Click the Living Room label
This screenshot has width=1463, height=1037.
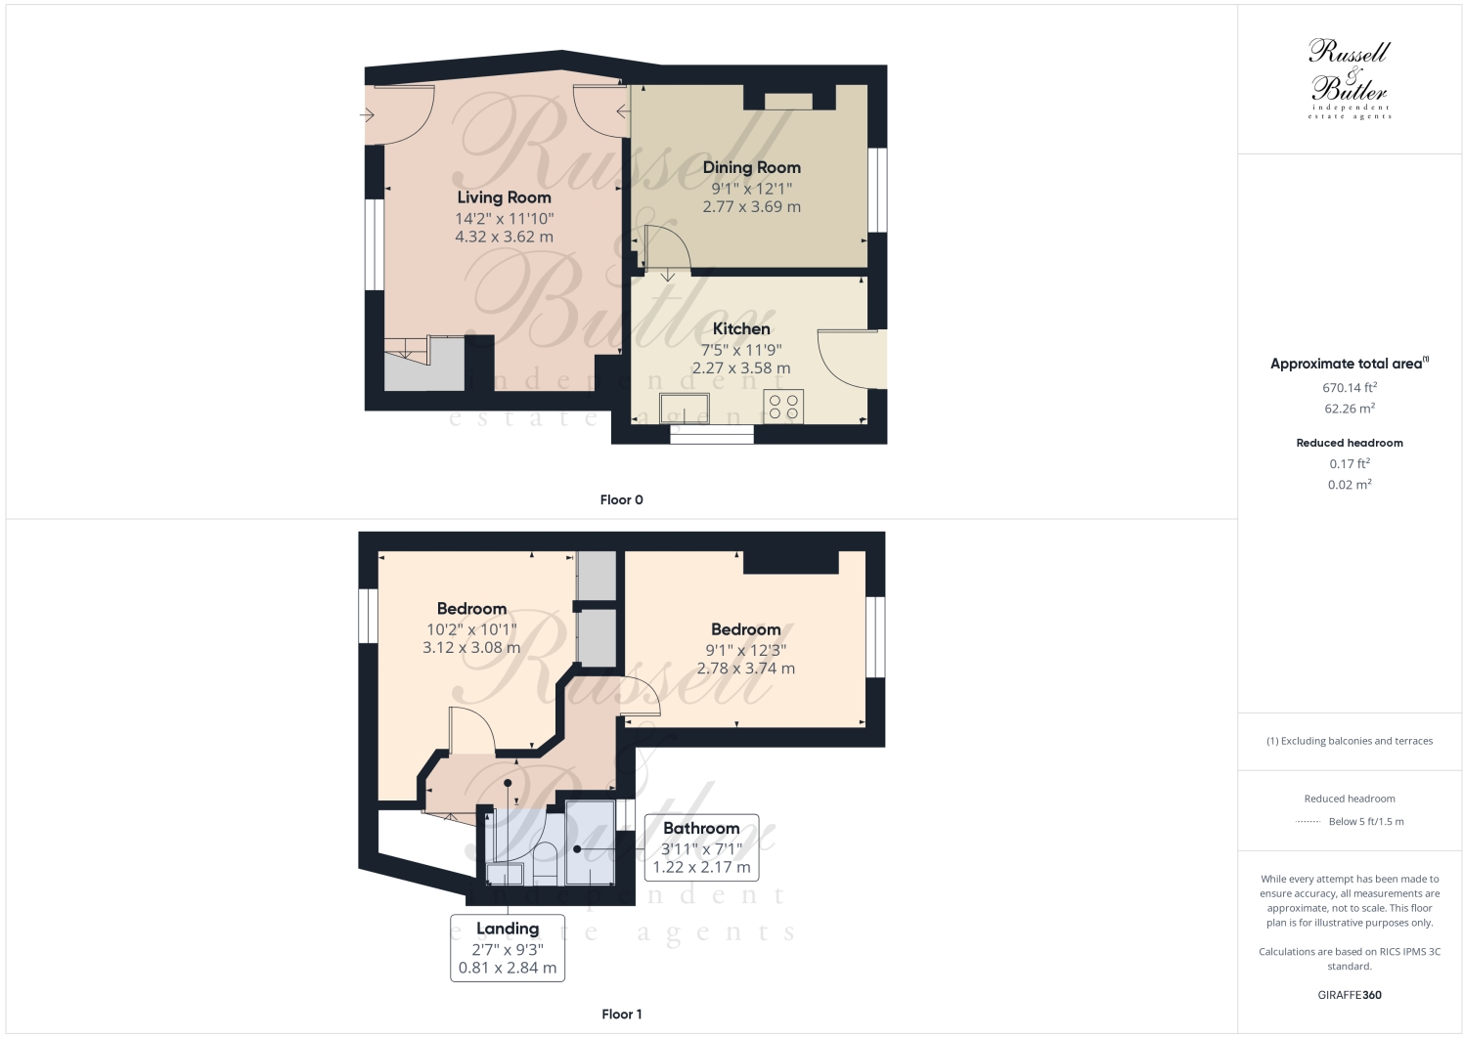[504, 197]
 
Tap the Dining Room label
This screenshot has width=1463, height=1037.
[751, 168]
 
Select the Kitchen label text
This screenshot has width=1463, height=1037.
[740, 329]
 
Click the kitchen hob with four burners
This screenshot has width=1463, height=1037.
[783, 407]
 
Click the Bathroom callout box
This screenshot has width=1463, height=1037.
[701, 847]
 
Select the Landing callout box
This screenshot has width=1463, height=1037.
[508, 947]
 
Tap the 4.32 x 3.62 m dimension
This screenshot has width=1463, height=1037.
[504, 237]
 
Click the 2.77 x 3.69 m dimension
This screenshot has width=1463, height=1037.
[751, 207]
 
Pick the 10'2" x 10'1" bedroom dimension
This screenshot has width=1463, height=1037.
[471, 629]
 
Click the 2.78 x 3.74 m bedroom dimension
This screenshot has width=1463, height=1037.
[745, 669]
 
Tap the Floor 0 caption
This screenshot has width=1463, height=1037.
[621, 500]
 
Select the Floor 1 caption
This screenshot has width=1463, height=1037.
[621, 1015]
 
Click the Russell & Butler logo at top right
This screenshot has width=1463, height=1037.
[1350, 78]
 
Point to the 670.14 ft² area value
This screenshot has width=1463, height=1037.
[1350, 388]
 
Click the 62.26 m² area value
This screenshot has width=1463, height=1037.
[1350, 410]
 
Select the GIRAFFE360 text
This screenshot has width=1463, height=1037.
[1350, 995]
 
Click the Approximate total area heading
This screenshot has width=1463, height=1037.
[1348, 364]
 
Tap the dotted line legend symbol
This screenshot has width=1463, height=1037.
[1308, 822]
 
